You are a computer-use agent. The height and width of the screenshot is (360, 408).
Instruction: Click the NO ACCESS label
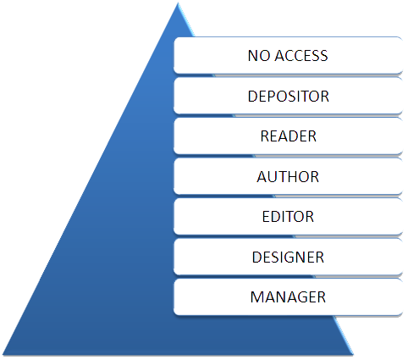[288, 55]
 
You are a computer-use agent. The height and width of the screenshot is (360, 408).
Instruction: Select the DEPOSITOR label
[289, 97]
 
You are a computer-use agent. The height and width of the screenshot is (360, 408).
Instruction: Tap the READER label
[288, 136]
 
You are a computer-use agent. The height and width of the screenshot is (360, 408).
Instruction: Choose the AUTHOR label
[288, 177]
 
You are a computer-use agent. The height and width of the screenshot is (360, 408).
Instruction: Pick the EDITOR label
[288, 217]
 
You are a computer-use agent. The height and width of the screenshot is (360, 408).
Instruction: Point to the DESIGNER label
[288, 257]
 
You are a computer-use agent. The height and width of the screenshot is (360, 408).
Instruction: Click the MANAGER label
[288, 297]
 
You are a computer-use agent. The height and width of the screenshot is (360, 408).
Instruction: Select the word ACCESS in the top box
[301, 55]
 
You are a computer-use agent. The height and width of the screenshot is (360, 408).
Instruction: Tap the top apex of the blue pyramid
[178, 3]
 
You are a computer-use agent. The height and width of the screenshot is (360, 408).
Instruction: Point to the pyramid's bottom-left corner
[3, 355]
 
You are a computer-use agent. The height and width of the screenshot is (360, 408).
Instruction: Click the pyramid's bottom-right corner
[353, 355]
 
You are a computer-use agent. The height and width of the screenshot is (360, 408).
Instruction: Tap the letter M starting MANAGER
[256, 297]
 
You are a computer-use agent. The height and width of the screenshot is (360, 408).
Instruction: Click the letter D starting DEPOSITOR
[253, 97]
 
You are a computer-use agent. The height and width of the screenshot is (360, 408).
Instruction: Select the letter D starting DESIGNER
[257, 257]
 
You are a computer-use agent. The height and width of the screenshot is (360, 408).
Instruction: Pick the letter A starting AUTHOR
[262, 177]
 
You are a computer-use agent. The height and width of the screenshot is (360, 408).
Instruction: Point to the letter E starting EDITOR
[266, 217]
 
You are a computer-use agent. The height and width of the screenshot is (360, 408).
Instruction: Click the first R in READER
[265, 136]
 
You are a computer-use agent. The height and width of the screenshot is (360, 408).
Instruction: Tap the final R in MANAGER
[322, 297]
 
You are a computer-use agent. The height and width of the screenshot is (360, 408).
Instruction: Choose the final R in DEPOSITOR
[324, 97]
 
